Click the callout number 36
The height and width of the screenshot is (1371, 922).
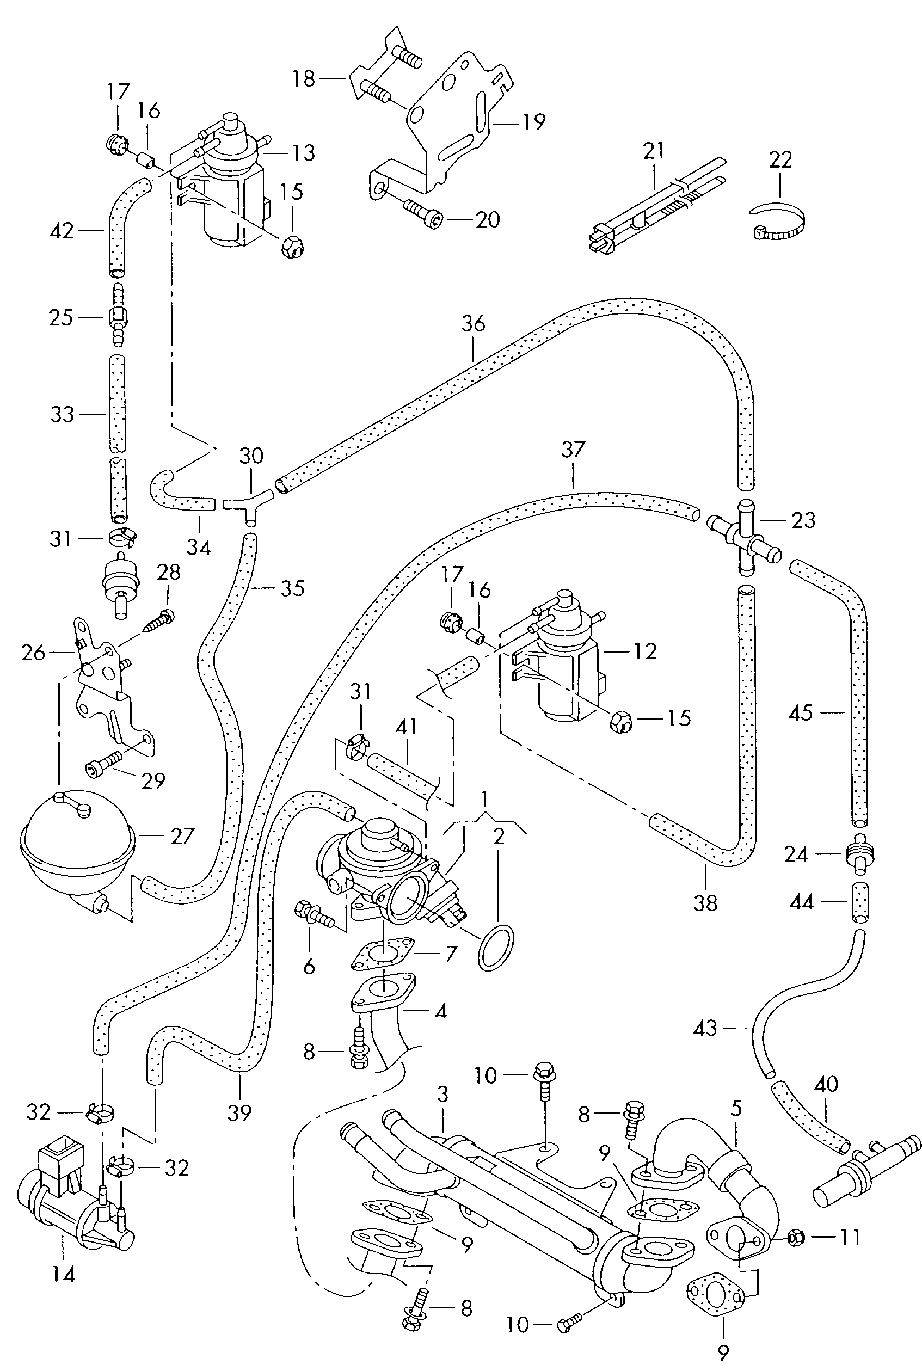point(473,323)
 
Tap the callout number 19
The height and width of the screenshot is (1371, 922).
point(534,122)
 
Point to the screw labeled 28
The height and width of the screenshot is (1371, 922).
point(159,621)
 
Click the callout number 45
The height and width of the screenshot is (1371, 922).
point(801,714)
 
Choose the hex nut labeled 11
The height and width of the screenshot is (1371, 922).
point(796,1238)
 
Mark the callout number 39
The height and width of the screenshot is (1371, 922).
point(239,1112)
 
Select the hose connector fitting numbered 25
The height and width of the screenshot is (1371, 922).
point(118,318)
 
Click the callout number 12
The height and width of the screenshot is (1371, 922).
point(645,651)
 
